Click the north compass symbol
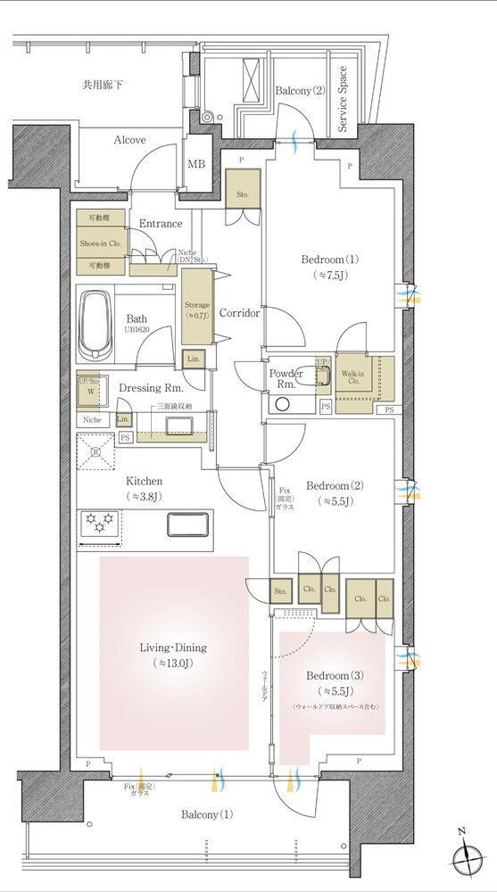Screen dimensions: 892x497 [x=469, y=859]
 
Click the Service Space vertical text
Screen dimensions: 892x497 [x=343, y=99]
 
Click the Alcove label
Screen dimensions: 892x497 [x=129, y=140]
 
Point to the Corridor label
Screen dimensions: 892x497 [x=239, y=314]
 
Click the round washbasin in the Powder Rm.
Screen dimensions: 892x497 [x=283, y=403]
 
